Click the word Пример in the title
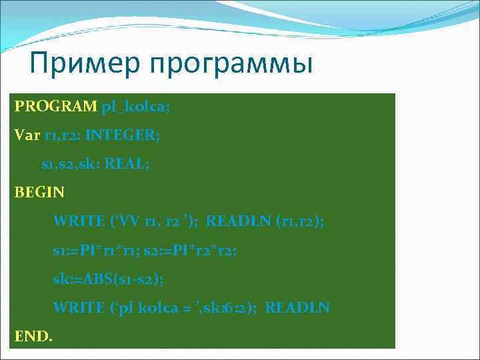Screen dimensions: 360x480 [x=85, y=65]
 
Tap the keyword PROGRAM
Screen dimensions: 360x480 [x=56, y=107]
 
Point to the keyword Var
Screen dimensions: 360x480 [x=27, y=135]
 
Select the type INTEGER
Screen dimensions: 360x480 [x=123, y=135]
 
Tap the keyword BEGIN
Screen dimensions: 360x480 [x=40, y=193]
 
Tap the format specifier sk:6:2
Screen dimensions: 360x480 [x=231, y=308]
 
